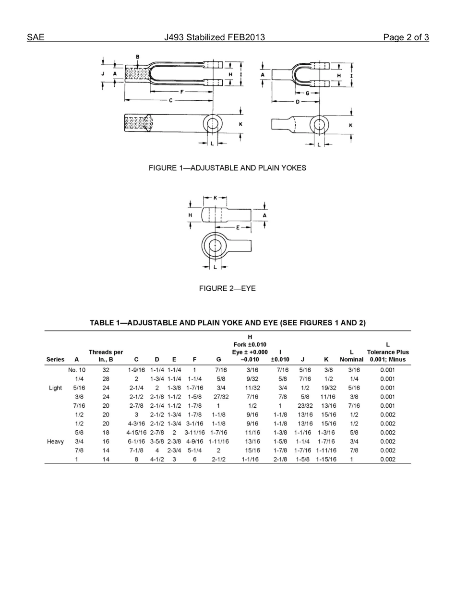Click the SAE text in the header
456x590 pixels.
pos(36,37)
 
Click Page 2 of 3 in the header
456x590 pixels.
pos(406,37)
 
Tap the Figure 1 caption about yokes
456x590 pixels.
pos(227,168)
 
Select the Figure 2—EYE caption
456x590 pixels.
pos(227,288)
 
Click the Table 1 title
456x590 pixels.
pos(228,323)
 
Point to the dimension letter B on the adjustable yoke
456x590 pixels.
pos(138,57)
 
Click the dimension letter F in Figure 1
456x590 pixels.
pos(182,91)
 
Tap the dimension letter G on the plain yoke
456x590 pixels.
pos(307,93)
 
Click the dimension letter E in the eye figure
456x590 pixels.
pos(238,227)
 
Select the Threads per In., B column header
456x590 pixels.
pos(106,355)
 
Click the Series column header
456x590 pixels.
pos(55,359)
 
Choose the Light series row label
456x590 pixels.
pos(55,388)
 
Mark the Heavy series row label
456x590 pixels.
pos(55,441)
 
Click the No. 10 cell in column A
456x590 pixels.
pos(77,370)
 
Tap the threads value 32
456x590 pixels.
pos(106,370)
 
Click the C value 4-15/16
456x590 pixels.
pos(136,432)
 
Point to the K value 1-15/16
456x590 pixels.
pos(326,459)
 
